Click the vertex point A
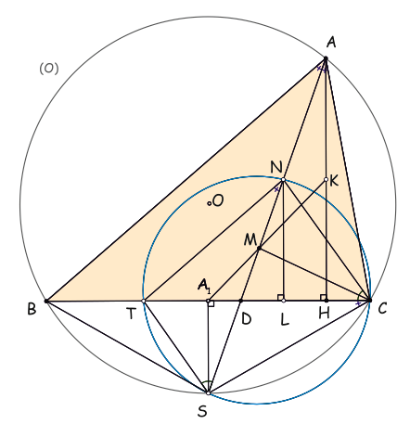pos(326,58)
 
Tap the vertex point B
pos(46,301)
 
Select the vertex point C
pos(369,300)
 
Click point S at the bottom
pos(208,393)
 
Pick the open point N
pos(283,179)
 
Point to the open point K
pos(326,179)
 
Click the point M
pos(259,248)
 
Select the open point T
pos(143,301)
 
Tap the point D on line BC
pos(241,301)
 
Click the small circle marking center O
pos(210,203)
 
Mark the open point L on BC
pos(284,301)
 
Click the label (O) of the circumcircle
pos(49,69)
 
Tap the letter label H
pos(324,314)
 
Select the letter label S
pos(202,411)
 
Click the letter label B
pos(32,309)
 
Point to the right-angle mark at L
pos(280,298)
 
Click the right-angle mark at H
pos(323,298)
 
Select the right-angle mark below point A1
pos(211,303)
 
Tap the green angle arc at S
pos(207,382)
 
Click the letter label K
pos(334,181)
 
